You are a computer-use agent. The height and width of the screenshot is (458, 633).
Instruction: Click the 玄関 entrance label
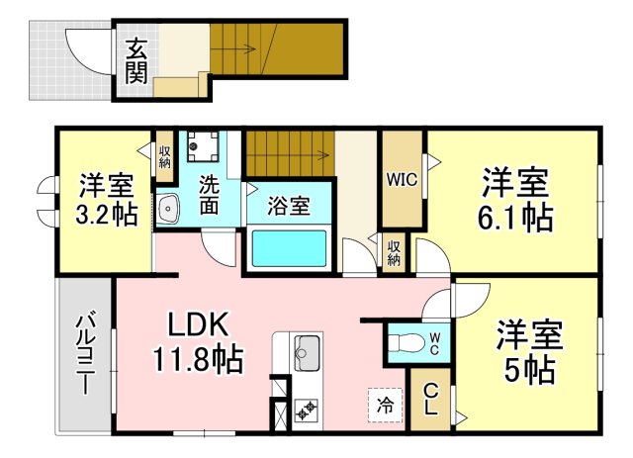pos(136,61)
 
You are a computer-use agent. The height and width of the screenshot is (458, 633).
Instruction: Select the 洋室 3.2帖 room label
pos(107,199)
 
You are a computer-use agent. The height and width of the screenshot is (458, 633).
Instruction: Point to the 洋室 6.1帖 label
pos(515,200)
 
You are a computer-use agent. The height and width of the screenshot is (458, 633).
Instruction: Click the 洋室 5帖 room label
pos(529,352)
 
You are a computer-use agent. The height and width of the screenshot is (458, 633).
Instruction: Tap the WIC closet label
pos(402,180)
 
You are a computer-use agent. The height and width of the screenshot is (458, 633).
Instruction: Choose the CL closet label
pos(431,400)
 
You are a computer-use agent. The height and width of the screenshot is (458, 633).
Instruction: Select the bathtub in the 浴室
pos(289,248)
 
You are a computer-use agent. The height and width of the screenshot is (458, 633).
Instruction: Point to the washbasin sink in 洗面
pos(168,208)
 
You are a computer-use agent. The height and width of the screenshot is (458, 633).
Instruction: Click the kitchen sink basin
pos(308,353)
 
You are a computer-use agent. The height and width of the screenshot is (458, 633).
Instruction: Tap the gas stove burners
pos(306,410)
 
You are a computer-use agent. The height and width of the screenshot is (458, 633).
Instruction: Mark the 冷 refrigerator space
pos(385,406)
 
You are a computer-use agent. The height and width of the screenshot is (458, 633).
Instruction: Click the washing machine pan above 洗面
pos(203,146)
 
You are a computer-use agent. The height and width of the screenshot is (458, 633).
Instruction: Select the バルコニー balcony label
pos(85,354)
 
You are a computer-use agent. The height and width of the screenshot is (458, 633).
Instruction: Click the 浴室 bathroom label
pos(289,206)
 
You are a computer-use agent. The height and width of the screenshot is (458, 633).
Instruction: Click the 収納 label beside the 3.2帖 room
pos(165,157)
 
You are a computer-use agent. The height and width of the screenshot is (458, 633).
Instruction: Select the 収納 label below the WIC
pos(394,253)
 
